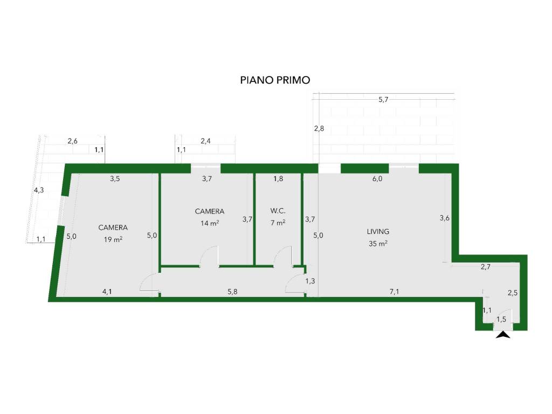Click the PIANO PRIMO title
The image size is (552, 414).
coord(275,80)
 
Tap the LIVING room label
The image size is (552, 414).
coord(378,232)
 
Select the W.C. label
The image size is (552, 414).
coord(278,211)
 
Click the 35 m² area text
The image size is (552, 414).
coord(378,243)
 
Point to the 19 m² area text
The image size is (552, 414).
coord(113,239)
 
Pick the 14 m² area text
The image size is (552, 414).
coord(210,223)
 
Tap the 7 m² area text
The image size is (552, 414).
coord(278,223)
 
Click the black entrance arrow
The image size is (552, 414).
coord(503,335)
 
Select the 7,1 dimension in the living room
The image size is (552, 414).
coord(394,292)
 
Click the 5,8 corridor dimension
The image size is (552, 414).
coord(232,292)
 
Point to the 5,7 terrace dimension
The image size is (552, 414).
coord(383,100)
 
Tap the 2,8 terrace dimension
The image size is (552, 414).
coord(319,128)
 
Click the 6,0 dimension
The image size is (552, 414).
coord(377,179)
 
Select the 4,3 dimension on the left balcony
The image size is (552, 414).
coord(39,190)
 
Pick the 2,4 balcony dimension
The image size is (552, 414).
coord(205,141)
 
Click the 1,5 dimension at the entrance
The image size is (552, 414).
coord(501,319)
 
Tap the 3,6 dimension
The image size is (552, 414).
coord(445,218)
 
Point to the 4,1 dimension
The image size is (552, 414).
coord(107,292)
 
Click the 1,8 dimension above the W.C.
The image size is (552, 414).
coord(278,179)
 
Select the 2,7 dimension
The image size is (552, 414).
coord(486,267)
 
